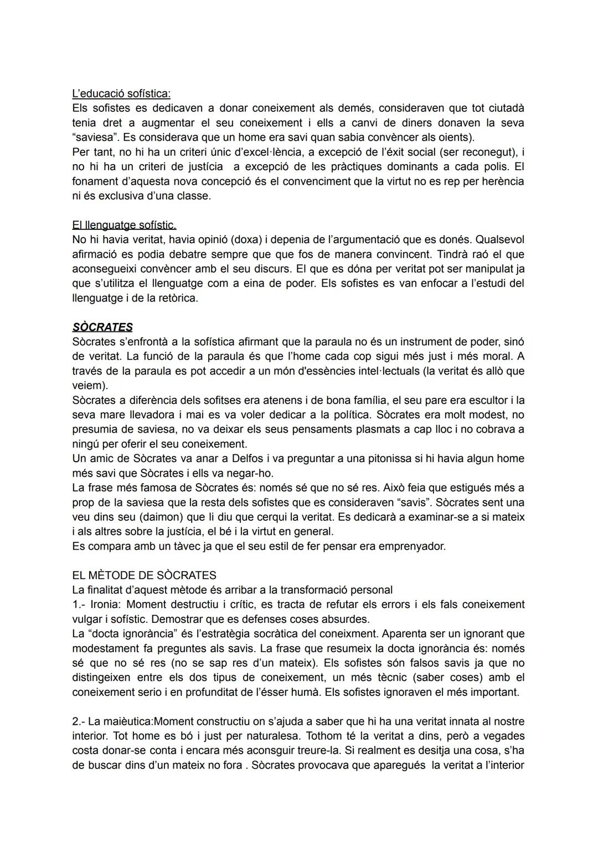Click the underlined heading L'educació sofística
click(x=121, y=93)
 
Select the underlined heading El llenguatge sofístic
click(x=124, y=225)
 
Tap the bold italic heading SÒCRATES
click(x=102, y=327)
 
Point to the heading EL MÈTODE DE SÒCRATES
click(x=144, y=575)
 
